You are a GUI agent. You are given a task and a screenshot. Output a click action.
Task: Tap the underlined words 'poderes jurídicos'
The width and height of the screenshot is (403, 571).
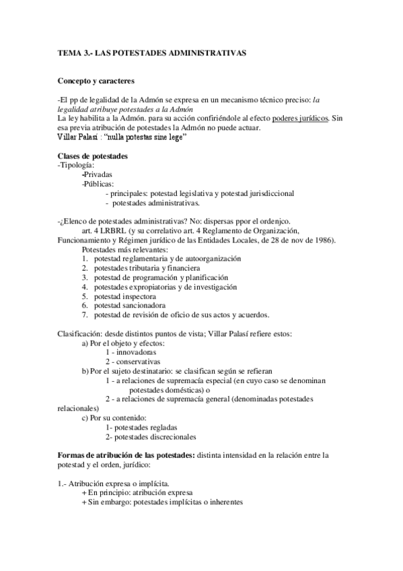coord(301,119)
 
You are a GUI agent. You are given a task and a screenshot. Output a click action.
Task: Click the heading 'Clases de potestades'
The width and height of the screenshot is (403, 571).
coord(94,157)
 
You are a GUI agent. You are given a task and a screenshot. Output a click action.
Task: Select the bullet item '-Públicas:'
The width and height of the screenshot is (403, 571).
coord(98,183)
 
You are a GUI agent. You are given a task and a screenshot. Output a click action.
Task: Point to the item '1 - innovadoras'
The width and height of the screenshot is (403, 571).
coord(131,352)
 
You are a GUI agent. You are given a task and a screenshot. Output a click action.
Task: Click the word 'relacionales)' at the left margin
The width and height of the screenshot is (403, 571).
coord(78,408)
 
